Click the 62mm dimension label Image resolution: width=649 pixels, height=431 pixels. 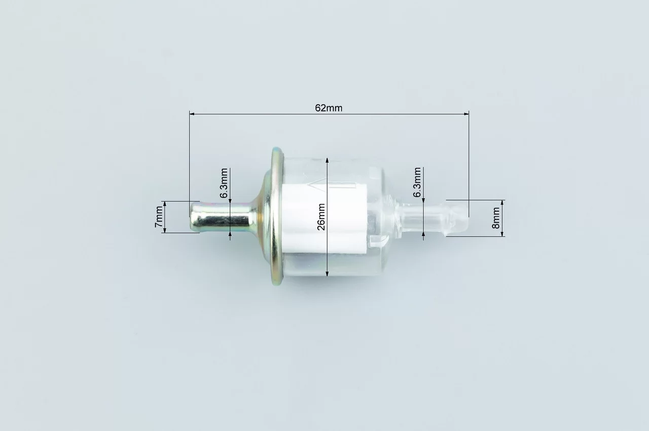point(329,108)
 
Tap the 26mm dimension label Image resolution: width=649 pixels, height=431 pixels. point(321,217)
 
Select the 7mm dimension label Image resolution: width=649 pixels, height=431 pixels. point(159,217)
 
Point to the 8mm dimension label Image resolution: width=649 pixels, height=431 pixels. point(496,218)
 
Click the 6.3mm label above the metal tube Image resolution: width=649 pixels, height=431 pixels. point(224,183)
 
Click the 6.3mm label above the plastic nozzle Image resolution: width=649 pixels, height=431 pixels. point(417,182)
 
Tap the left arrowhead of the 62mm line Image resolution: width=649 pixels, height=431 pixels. point(192,114)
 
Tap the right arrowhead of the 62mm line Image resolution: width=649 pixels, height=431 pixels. point(466,114)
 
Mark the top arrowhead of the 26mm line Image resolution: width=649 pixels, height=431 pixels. point(327,161)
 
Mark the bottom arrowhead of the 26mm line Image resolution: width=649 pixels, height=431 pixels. point(327,273)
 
